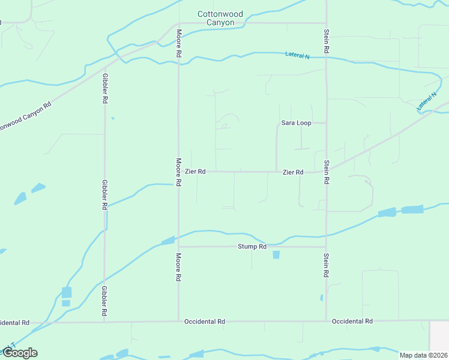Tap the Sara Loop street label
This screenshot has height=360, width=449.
coord(296,123)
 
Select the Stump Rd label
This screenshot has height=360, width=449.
coord(252,247)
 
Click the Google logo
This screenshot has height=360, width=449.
coord(19,353)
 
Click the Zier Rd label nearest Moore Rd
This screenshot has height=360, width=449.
coord(195,172)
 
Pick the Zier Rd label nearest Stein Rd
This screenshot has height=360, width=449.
coord(293,172)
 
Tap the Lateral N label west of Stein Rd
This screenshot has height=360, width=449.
coord(297,56)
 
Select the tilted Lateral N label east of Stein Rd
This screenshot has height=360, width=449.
coord(427,101)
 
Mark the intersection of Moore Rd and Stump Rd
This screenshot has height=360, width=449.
coord(178,247)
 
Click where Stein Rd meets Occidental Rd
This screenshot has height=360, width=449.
coord(326,322)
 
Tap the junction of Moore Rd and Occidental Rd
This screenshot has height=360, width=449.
coord(178,322)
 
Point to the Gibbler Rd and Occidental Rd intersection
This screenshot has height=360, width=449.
coord(105,322)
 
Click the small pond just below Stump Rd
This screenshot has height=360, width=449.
coord(276,255)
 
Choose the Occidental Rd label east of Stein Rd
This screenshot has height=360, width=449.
coord(352,322)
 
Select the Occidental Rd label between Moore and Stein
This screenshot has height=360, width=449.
coord(205,322)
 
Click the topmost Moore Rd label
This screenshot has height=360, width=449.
coord(178,43)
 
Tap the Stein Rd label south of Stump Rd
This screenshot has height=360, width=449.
coord(326,265)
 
